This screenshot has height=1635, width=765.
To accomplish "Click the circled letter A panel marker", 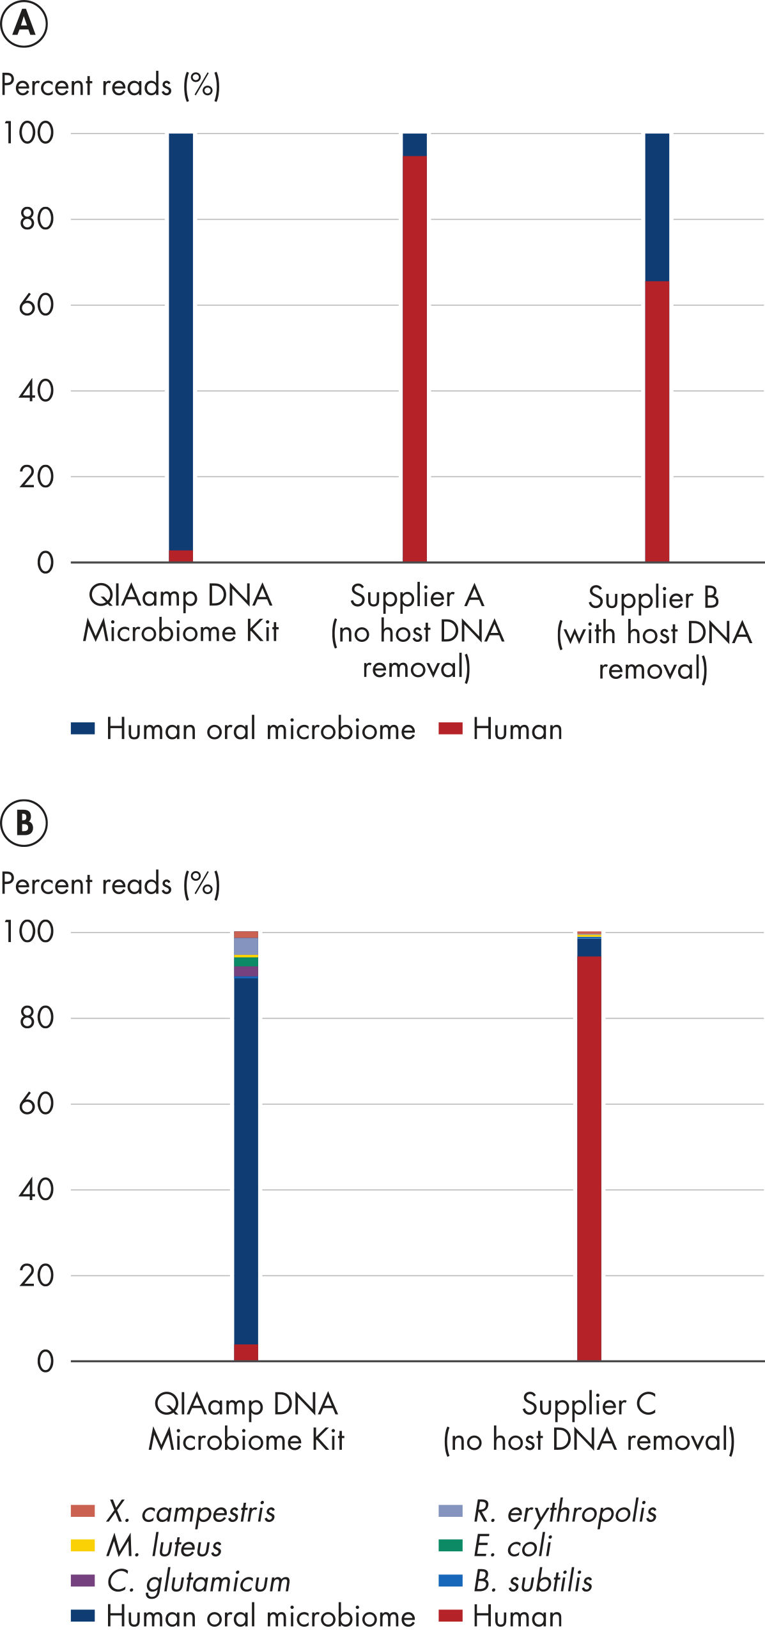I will pyautogui.click(x=24, y=24).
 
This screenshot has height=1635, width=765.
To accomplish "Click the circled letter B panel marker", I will pyautogui.click(x=24, y=823).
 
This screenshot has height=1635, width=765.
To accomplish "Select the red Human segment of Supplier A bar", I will pyautogui.click(x=414, y=358).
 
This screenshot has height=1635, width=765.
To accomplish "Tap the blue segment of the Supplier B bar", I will pyautogui.click(x=657, y=207).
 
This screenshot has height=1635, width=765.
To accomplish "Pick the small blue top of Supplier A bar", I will pyautogui.click(x=414, y=144).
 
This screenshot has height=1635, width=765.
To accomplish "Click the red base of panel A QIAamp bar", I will pyautogui.click(x=181, y=556).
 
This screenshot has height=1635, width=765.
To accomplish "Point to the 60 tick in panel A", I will pyautogui.click(x=36, y=305).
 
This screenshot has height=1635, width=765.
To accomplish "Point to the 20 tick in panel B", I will pyautogui.click(x=36, y=1275).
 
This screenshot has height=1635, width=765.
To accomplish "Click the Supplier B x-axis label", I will pyautogui.click(x=654, y=632).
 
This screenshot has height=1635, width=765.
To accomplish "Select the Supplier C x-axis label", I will pyautogui.click(x=589, y=1422).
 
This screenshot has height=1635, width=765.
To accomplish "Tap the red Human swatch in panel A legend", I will pyautogui.click(x=450, y=728).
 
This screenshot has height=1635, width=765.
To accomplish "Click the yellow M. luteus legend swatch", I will pyautogui.click(x=82, y=1546).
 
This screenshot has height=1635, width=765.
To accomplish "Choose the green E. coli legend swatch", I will pyautogui.click(x=450, y=1546).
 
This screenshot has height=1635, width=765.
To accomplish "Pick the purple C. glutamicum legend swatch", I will pyautogui.click(x=82, y=1581).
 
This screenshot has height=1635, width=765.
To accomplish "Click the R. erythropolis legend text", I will pyautogui.click(x=565, y=1511).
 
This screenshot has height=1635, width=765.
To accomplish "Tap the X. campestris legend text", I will pyautogui.click(x=190, y=1511).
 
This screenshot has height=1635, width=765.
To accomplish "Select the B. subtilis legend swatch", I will pyautogui.click(x=450, y=1581).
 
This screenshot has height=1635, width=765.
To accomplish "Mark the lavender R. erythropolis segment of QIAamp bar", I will pyautogui.click(x=246, y=946).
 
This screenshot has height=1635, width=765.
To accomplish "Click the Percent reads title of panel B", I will pyautogui.click(x=111, y=884).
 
